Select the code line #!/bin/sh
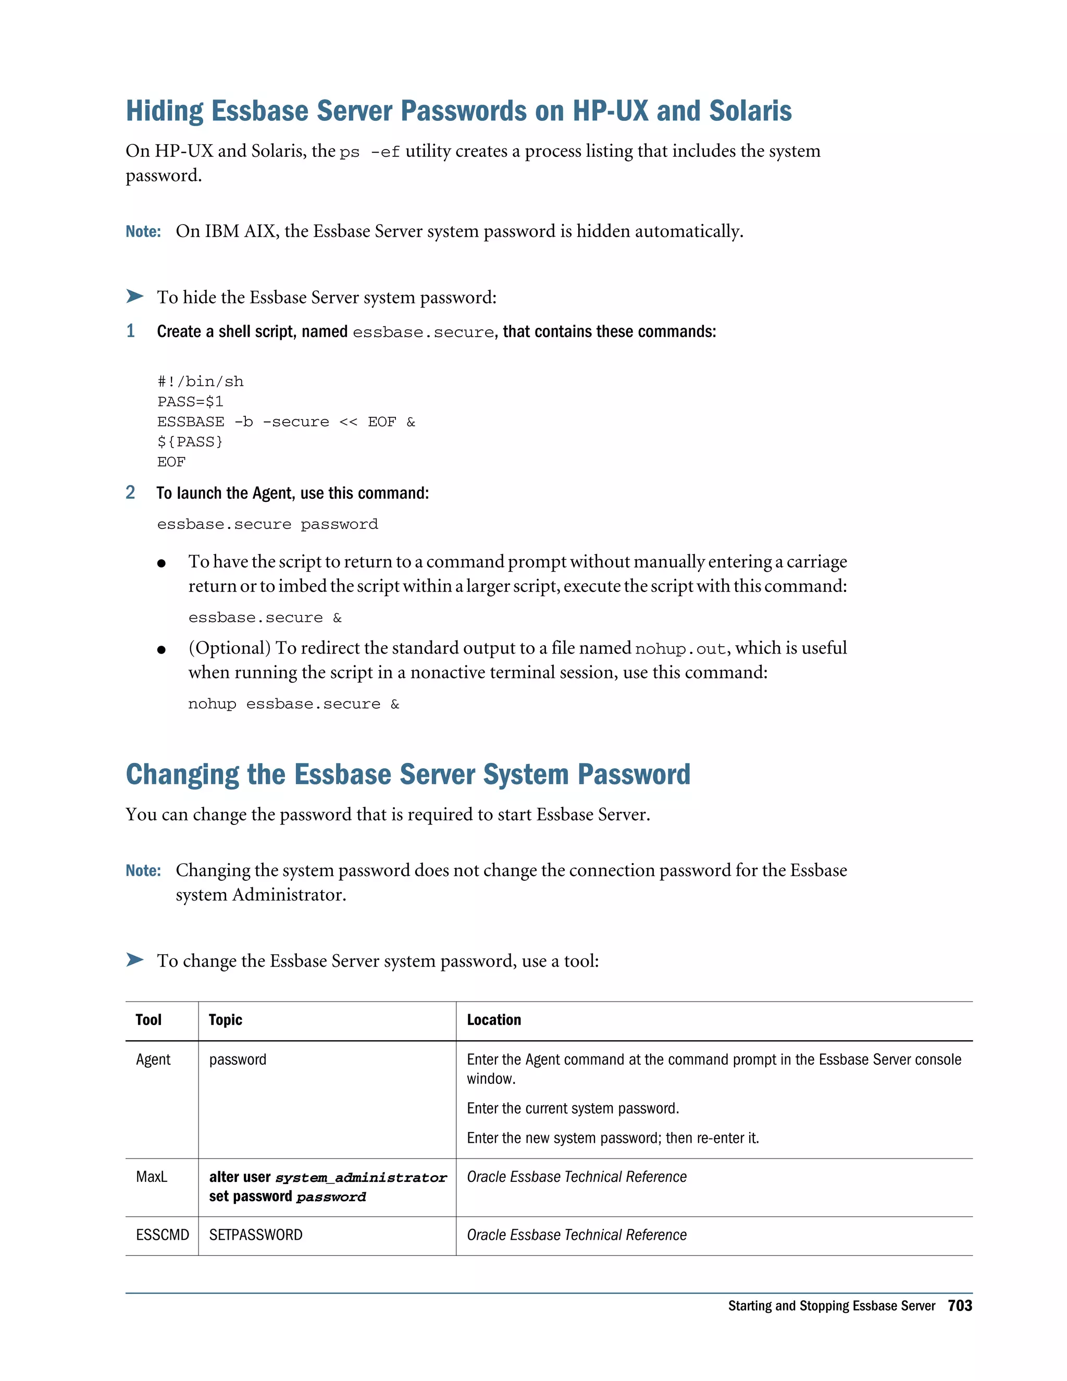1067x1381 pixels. pos(201,382)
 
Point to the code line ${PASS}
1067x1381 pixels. pos(190,442)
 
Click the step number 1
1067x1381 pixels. pos(130,331)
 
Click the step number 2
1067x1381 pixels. pos(130,492)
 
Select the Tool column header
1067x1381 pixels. pos(148,1020)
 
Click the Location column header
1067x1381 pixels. pos(494,1020)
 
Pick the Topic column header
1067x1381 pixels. pos(225,1020)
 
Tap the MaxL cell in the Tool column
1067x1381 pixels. pos(152,1177)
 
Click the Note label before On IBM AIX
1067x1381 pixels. pos(143,232)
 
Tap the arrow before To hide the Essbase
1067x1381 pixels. pos(134,296)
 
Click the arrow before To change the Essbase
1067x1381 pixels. pos(134,960)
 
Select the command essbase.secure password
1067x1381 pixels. pos(267,525)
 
